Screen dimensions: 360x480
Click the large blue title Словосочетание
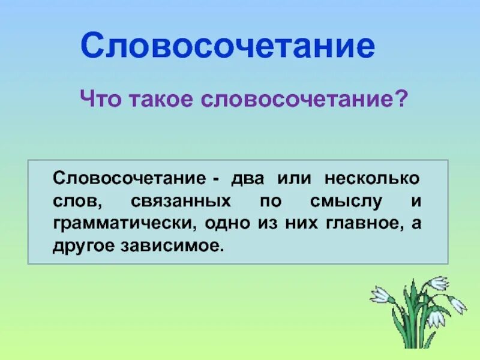pos(227,46)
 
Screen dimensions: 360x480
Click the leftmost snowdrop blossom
pos(380,294)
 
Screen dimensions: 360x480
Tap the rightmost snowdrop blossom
pos(458,304)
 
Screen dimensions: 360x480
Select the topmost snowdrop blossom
pos(439,283)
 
